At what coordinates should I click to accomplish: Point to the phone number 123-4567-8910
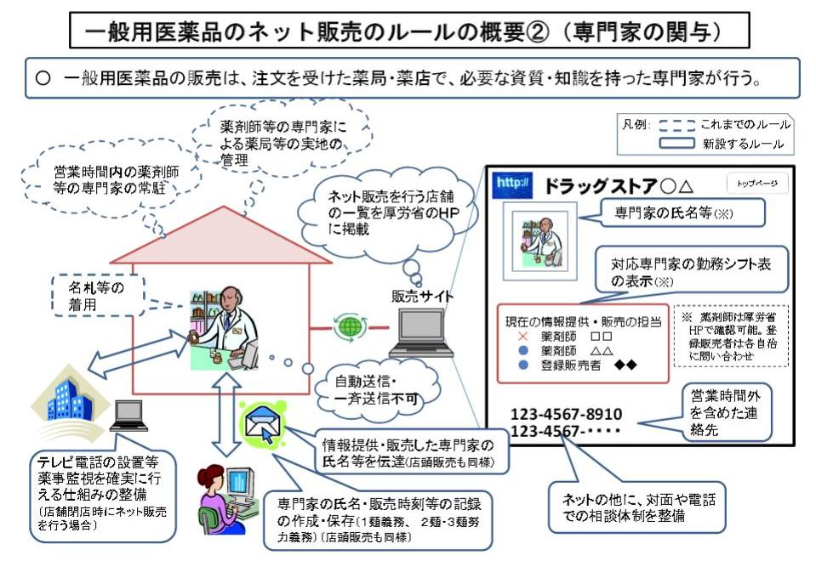(x=566, y=415)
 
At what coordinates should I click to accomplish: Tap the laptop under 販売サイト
(x=423, y=334)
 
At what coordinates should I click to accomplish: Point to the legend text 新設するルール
(x=743, y=144)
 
